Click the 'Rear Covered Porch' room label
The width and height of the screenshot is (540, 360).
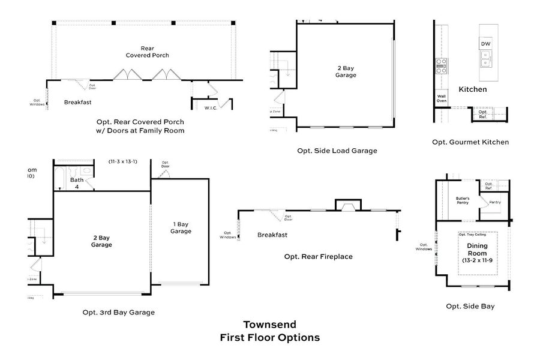click(147, 52)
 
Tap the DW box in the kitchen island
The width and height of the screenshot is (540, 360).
click(485, 44)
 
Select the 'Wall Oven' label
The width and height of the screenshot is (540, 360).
click(441, 99)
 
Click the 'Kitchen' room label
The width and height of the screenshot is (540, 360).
click(472, 89)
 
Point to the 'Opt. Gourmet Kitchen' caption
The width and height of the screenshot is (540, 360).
click(470, 142)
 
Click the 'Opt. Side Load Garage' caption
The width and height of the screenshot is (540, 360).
click(337, 151)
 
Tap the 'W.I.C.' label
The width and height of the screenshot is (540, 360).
click(211, 108)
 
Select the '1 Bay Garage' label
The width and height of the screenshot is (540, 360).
click(180, 227)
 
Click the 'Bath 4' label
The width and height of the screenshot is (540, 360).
click(76, 183)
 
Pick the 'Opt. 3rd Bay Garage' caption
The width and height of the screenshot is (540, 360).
click(118, 312)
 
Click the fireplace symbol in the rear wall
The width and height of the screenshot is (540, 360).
click(347, 206)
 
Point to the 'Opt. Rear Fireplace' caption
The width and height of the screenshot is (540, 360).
click(318, 256)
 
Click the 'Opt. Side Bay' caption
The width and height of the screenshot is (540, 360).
click(470, 306)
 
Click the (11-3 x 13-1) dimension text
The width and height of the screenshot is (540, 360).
click(123, 161)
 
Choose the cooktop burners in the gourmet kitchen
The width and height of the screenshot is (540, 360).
click(441, 65)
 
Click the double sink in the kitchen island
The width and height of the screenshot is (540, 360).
click(485, 58)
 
